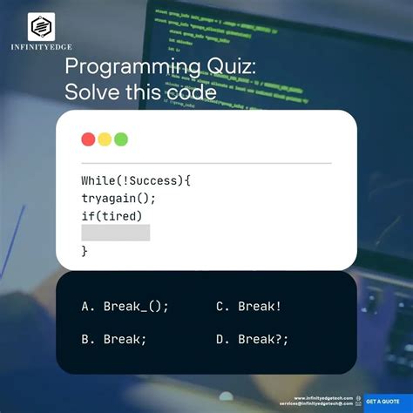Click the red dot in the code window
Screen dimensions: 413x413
tap(88, 139)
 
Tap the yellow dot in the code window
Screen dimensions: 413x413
tap(105, 139)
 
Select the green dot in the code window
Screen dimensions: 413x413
tap(121, 139)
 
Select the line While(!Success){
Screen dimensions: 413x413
tap(135, 181)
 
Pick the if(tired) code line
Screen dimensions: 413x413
tap(112, 216)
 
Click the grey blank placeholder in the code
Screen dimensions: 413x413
tap(115, 233)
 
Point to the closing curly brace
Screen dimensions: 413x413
tap(85, 250)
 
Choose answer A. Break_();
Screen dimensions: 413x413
tap(125, 306)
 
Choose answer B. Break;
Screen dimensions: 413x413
tap(113, 340)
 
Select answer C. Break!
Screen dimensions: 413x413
tap(248, 306)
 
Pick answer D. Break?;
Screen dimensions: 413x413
tap(252, 340)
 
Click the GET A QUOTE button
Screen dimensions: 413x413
tap(383, 402)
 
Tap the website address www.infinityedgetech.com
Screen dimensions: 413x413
tap(323, 398)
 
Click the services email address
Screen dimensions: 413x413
tap(316, 404)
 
